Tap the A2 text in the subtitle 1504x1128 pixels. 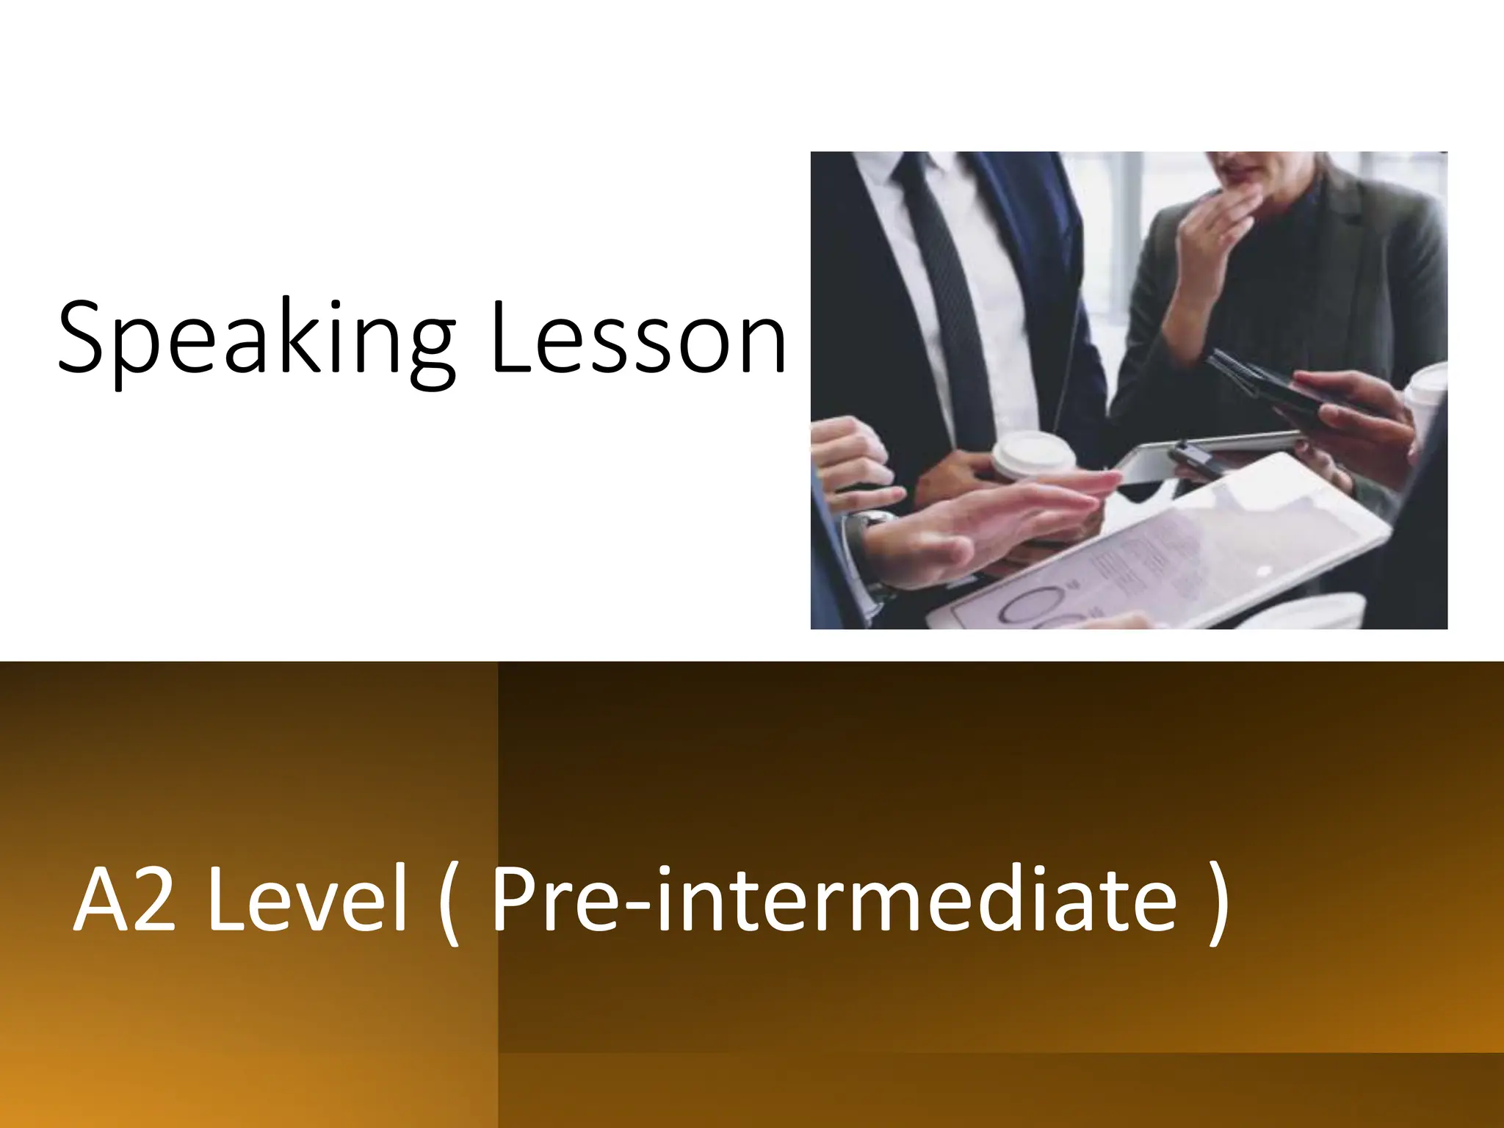point(125,900)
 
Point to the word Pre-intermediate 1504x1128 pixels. point(834,900)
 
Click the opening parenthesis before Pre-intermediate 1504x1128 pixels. point(447,903)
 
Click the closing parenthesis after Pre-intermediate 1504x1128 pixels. point(1216,903)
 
